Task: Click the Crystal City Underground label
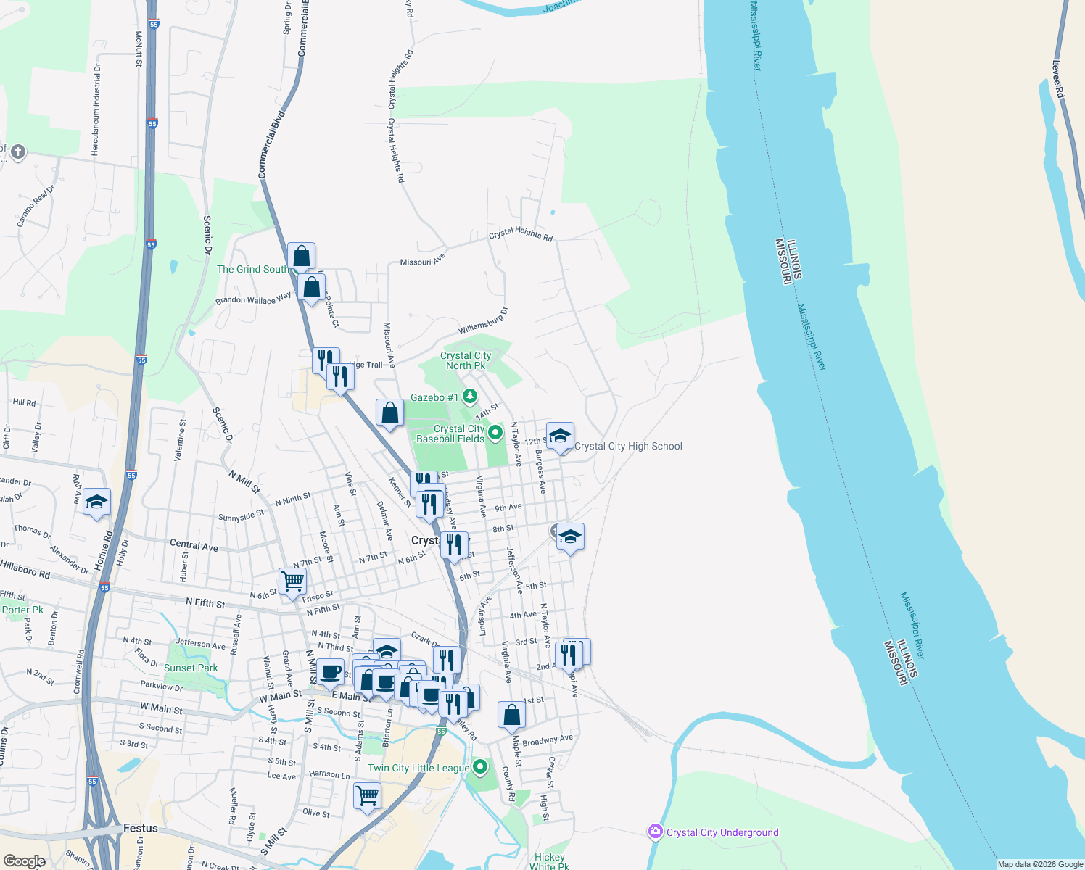tap(722, 832)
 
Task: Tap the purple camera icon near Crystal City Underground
tap(656, 832)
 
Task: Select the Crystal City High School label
tap(628, 447)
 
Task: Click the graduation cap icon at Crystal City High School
tap(560, 436)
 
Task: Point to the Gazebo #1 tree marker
tap(470, 396)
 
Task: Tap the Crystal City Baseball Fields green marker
tap(495, 433)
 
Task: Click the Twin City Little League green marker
tap(480, 766)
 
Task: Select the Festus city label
tap(141, 828)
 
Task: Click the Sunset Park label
tap(191, 668)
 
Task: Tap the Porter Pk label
tap(23, 610)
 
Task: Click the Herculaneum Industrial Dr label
tap(96, 109)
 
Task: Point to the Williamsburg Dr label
tap(483, 320)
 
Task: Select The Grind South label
tap(252, 269)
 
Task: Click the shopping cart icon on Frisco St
tap(292, 581)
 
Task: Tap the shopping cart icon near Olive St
tap(367, 795)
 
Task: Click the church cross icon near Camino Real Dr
tap(18, 152)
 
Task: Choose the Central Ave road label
tap(194, 545)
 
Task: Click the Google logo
tap(25, 861)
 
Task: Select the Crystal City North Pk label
tap(466, 360)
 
